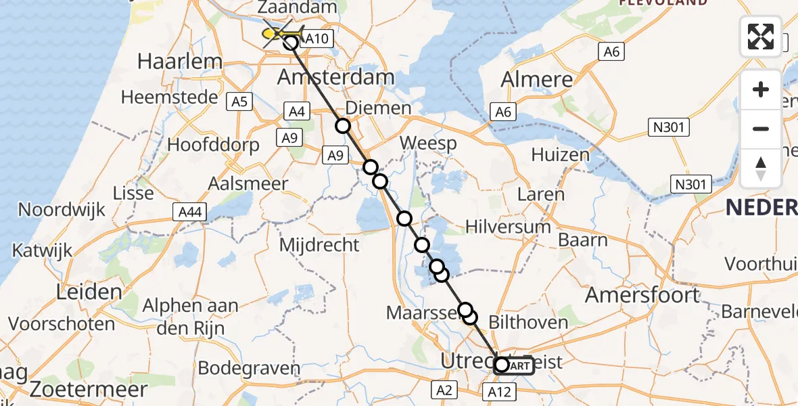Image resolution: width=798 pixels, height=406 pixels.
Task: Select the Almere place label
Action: pyautogui.click(x=537, y=79)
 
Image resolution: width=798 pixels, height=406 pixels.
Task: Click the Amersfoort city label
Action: pyautogui.click(x=642, y=295)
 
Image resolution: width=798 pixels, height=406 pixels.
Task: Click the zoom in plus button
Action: pyautogui.click(x=761, y=89)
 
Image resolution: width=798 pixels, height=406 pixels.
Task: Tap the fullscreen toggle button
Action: pyautogui.click(x=761, y=37)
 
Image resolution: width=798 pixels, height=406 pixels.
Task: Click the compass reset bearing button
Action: pyautogui.click(x=761, y=168)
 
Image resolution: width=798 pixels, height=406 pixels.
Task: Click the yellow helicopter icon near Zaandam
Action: pyautogui.click(x=278, y=34)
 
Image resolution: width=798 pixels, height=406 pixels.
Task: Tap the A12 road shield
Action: pyautogui.click(x=500, y=390)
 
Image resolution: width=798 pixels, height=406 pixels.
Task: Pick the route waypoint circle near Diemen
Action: pyautogui.click(x=343, y=126)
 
